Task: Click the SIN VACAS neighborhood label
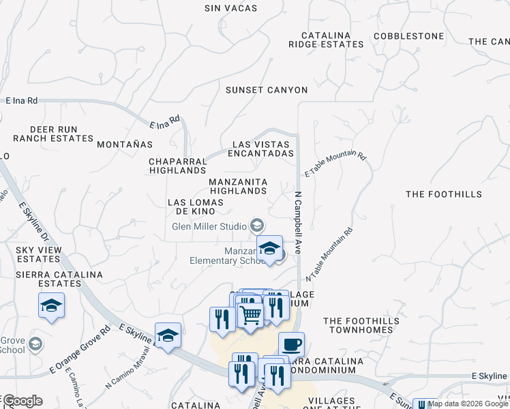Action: (231, 8)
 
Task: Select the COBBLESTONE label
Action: (408, 35)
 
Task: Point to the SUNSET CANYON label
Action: (267, 90)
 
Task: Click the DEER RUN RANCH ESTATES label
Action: (61, 134)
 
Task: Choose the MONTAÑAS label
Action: (125, 145)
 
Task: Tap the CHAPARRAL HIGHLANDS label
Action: (177, 166)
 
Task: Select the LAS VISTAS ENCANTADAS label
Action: (263, 149)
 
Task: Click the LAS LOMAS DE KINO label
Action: (196, 207)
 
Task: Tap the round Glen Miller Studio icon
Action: (258, 225)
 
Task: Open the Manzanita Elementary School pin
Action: (269, 248)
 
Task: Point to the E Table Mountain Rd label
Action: (335, 165)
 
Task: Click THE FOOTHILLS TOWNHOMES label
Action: (358, 325)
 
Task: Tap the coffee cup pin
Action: (291, 344)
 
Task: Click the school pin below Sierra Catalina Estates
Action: (51, 305)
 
